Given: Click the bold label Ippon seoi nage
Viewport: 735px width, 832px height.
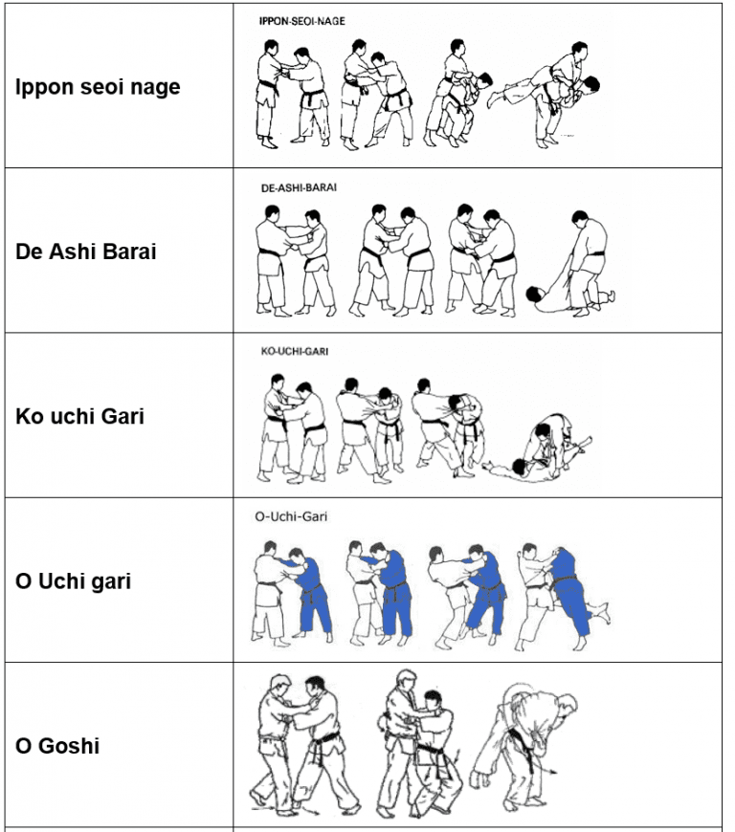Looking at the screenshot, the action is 98,87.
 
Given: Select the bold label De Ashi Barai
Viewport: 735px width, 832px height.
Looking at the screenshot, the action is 86,252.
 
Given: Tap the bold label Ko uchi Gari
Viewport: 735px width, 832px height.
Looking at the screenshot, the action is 79,417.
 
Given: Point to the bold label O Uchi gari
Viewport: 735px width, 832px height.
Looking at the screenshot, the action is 74,581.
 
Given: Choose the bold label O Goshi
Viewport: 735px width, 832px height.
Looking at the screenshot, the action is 57,746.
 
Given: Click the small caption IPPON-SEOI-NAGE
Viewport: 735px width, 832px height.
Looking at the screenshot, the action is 302,21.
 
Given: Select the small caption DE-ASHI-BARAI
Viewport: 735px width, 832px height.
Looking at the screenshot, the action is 299,187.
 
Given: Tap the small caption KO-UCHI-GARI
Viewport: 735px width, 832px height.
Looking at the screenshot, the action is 295,351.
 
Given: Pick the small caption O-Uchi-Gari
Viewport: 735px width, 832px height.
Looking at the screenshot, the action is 291,516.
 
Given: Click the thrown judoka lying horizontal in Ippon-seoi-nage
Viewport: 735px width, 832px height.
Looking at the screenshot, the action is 547,88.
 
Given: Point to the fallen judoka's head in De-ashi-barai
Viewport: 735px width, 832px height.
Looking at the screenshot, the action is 533,294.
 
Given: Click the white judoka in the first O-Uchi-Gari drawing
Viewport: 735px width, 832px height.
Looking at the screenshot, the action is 269,592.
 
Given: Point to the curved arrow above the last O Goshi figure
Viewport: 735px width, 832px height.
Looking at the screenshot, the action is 518,695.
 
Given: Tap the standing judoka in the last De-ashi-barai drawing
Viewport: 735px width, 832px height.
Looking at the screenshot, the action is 589,263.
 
